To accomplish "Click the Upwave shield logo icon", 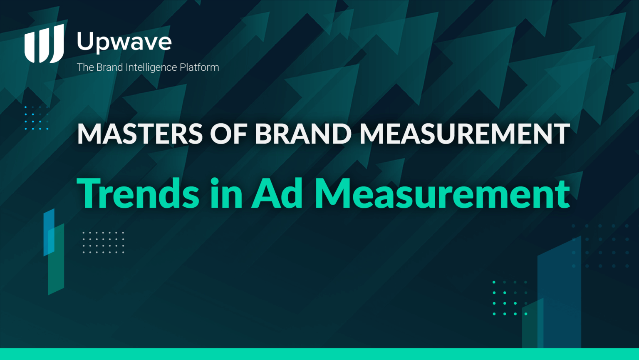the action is tap(44, 43).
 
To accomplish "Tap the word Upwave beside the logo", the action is tap(124, 42).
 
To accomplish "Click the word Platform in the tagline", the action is tap(199, 67).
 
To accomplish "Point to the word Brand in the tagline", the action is tap(110, 67).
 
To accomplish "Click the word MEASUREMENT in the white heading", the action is tap(465, 134).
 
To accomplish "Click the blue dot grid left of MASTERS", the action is tap(37, 118).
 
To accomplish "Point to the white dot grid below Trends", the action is tap(103, 242).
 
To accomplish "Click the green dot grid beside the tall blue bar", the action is tap(510, 298).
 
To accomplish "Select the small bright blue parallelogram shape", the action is tap(49, 232).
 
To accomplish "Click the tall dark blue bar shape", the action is tap(559, 292).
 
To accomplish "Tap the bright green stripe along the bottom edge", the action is tap(319, 354).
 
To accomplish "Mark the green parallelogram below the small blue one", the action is tap(56, 259).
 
